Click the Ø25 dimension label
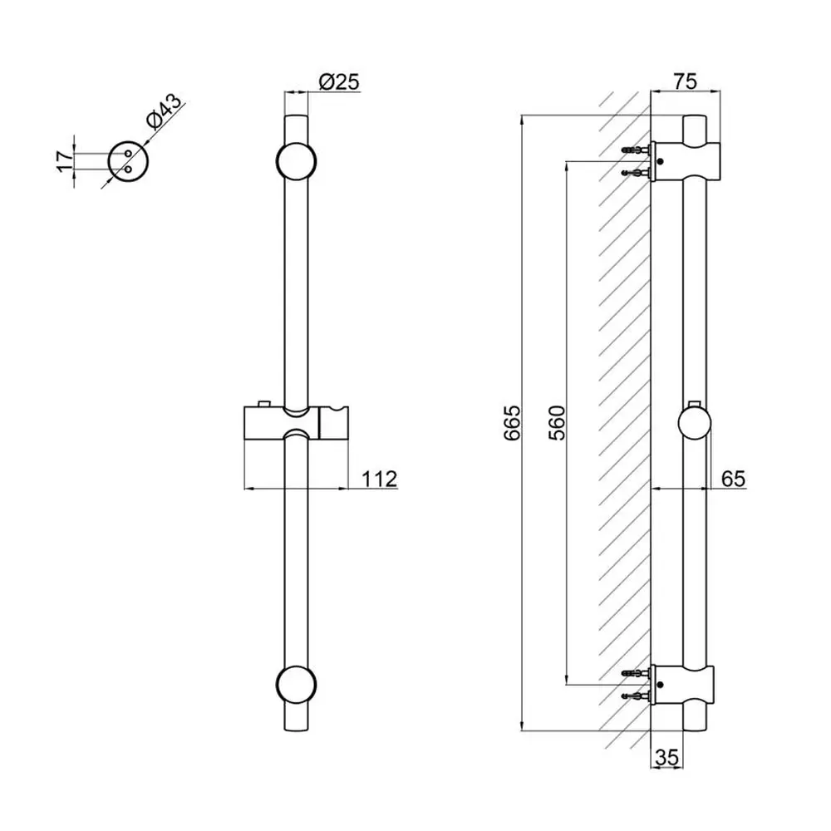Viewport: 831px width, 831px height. point(339,82)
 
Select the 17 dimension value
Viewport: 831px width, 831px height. point(65,161)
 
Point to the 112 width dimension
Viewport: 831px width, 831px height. point(379,479)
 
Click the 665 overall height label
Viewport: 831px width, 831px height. point(513,423)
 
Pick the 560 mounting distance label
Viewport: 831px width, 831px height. point(557,423)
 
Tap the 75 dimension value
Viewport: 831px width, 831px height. point(686,81)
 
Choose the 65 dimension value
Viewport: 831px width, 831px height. point(734,479)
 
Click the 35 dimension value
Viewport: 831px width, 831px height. point(666,758)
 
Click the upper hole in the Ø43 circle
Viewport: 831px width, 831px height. point(128,154)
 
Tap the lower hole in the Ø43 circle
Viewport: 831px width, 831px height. point(128,170)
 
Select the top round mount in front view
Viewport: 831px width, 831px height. point(297,161)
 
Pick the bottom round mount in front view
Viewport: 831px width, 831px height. point(297,685)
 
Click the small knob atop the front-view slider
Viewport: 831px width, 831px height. point(263,403)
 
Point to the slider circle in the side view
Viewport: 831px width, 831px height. point(694,424)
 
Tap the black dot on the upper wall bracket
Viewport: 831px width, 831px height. point(660,162)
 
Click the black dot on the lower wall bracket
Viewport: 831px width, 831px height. point(660,685)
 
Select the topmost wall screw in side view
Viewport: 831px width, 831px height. point(636,150)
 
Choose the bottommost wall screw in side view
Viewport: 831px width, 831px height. point(636,696)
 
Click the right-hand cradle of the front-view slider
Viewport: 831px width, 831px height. point(333,423)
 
